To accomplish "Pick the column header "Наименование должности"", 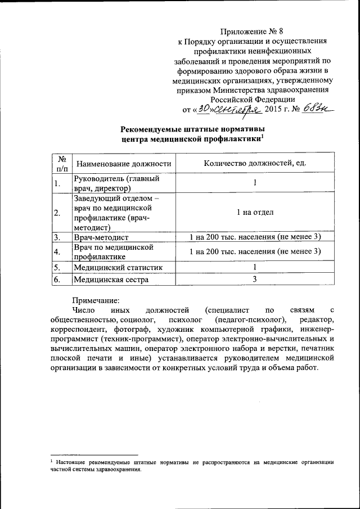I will pyautogui.click(x=124, y=164).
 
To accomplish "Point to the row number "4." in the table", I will pyautogui.click(x=57, y=251).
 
